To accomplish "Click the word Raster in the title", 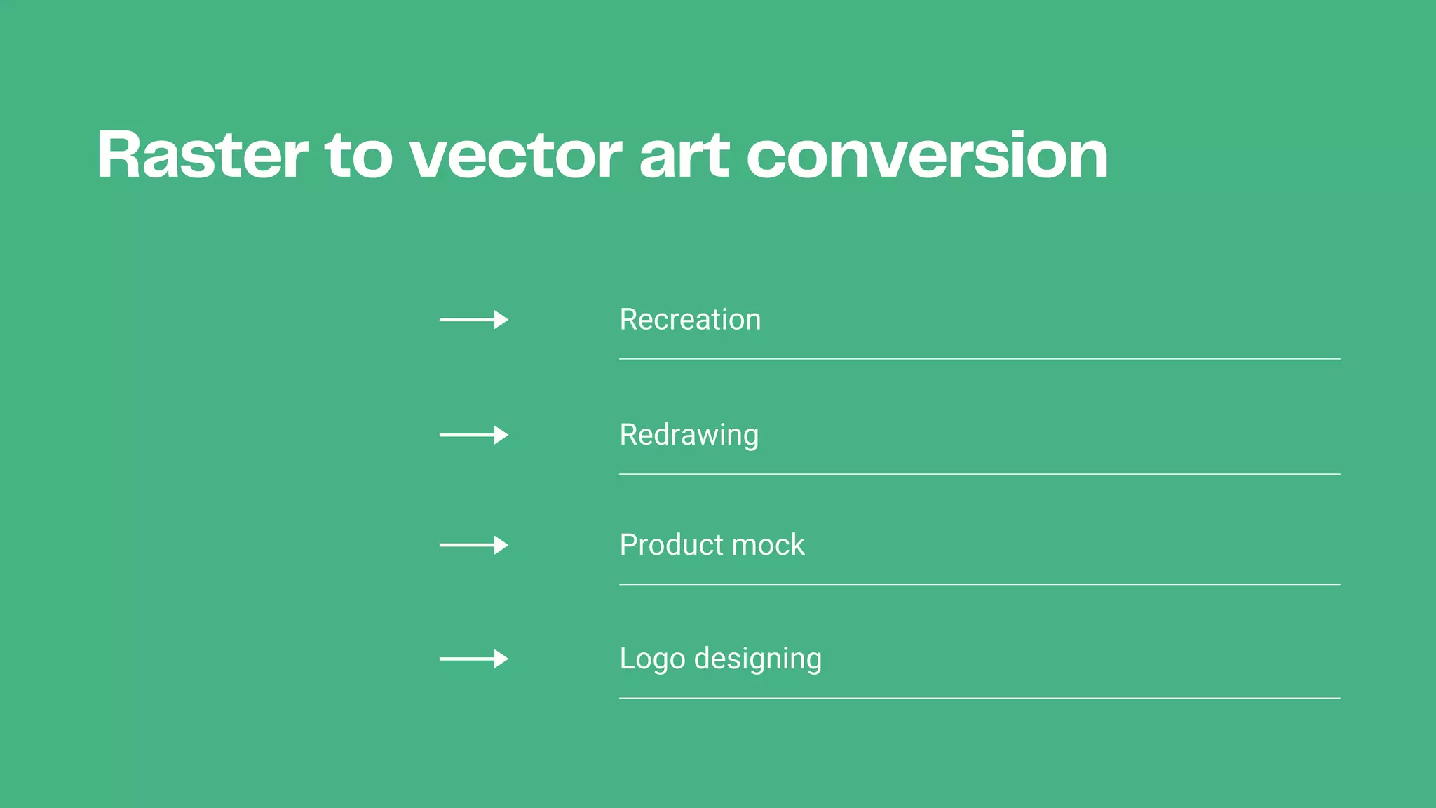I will pyautogui.click(x=203, y=155).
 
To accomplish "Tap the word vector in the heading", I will pyautogui.click(x=515, y=155).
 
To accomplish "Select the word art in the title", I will pyautogui.click(x=684, y=155).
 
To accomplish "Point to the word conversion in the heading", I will pyautogui.click(x=927, y=155).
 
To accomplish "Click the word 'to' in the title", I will pyautogui.click(x=358, y=155).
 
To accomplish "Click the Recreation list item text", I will pyautogui.click(x=690, y=320).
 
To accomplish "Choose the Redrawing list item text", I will pyautogui.click(x=689, y=435).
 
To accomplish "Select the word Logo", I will pyautogui.click(x=652, y=659).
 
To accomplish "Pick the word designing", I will pyautogui.click(x=757, y=659).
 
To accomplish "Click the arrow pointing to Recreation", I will pyautogui.click(x=473, y=320).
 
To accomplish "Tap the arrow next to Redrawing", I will pyautogui.click(x=473, y=435).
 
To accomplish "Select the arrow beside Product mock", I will pyautogui.click(x=473, y=545).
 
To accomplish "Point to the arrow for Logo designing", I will pyautogui.click(x=473, y=659).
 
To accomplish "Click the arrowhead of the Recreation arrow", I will pyautogui.click(x=501, y=320).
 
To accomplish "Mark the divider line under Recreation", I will pyautogui.click(x=979, y=359).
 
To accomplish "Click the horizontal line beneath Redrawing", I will pyautogui.click(x=979, y=474).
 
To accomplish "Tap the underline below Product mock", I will pyautogui.click(x=979, y=584).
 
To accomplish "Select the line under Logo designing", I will pyautogui.click(x=979, y=698).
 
